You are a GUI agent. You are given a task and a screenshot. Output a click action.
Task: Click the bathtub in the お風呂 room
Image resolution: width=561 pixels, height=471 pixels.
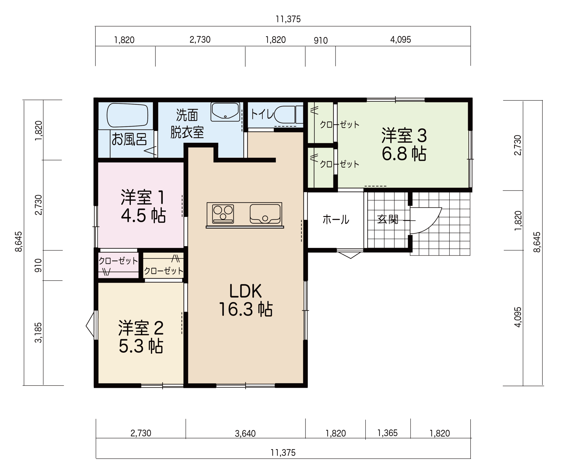[x=127, y=115]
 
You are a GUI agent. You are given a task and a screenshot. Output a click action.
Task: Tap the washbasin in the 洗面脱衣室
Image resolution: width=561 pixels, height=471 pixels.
[x=225, y=112]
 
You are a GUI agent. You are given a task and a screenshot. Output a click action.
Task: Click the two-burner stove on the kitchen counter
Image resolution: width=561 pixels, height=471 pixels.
[x=223, y=214]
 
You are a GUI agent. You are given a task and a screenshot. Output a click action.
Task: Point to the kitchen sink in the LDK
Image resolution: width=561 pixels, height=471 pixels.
[x=265, y=214]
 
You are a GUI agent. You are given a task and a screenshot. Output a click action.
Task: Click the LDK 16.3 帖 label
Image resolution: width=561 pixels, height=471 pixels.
[x=245, y=300]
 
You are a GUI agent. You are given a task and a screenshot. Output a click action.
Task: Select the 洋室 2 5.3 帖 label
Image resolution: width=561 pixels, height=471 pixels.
[x=141, y=337]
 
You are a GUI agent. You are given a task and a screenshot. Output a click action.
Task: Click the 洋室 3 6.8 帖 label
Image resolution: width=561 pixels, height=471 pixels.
[x=404, y=145]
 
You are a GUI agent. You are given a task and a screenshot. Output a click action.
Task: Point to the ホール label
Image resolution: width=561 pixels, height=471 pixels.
[x=336, y=219]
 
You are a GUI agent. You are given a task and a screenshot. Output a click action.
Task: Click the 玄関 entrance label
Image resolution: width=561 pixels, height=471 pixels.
[x=388, y=219]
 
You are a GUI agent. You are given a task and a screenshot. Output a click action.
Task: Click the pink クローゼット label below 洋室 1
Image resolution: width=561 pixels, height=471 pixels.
[x=118, y=261]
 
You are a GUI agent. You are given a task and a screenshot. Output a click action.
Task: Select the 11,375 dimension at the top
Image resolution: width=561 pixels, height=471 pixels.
[x=288, y=19]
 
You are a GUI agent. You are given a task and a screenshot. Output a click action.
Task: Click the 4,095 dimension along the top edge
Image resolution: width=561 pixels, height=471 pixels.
[x=400, y=40]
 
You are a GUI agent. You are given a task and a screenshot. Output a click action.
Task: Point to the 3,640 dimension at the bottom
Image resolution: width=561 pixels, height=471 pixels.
[x=245, y=433]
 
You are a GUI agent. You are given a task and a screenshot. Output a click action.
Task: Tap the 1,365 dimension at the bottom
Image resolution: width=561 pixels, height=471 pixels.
[x=387, y=433]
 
